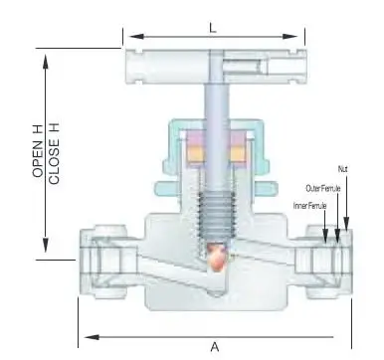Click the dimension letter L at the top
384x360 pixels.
click(213, 28)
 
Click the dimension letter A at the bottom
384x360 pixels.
click(215, 347)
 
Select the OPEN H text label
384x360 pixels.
click(38, 151)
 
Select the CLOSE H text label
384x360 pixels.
click(54, 153)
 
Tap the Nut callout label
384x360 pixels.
click(343, 169)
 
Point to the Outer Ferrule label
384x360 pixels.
click(323, 189)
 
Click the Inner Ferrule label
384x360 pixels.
click(310, 206)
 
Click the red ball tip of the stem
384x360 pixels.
click(216, 255)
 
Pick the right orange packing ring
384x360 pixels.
click(238, 154)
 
